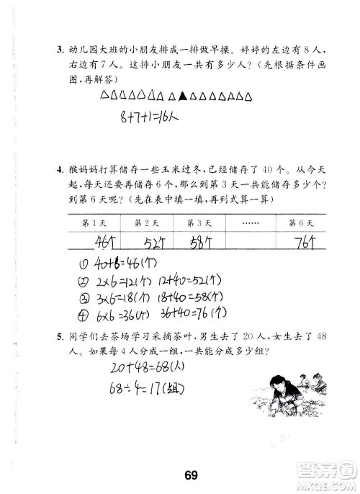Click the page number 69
[x=190, y=453]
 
